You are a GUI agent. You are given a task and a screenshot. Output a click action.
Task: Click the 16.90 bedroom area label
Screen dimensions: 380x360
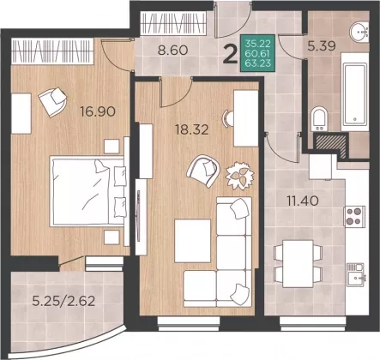click(x=98, y=111)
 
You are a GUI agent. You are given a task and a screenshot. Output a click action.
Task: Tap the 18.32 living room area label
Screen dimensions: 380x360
click(x=192, y=130)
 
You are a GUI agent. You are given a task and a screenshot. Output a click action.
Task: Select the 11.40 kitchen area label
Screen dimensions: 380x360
click(x=303, y=201)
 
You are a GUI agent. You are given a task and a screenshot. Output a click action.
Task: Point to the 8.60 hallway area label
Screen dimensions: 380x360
click(x=172, y=51)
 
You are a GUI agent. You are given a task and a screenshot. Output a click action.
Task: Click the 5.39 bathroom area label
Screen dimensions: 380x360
click(x=322, y=45)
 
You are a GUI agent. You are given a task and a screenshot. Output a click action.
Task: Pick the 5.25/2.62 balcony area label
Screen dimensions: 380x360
click(x=63, y=301)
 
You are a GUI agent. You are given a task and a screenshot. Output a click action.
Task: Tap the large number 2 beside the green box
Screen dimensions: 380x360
click(x=231, y=55)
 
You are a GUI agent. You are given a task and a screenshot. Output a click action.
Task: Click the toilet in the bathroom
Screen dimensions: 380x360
click(x=320, y=119)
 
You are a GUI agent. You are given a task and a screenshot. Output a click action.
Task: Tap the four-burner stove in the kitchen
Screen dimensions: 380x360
click(x=354, y=216)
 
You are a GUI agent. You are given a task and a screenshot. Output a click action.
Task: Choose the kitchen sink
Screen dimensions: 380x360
click(x=356, y=275)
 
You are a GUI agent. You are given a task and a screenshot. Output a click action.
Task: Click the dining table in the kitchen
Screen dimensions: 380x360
click(x=298, y=264)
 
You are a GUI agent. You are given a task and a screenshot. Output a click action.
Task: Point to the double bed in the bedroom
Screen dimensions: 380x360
click(x=87, y=191)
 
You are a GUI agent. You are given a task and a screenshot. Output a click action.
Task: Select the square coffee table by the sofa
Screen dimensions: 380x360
click(x=192, y=241)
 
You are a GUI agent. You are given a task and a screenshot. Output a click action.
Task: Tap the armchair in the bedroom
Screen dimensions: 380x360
click(x=53, y=101)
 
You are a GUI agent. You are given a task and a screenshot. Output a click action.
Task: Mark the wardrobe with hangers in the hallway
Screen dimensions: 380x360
click(x=174, y=23)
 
